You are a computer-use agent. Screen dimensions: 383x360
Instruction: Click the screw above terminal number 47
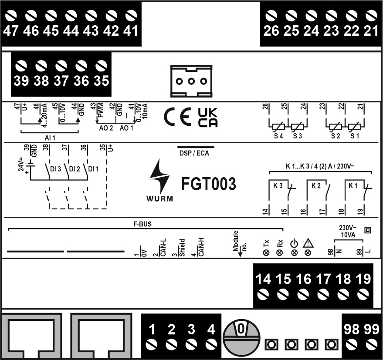[10, 15]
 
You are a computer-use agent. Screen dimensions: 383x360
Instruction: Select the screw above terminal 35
[101, 66]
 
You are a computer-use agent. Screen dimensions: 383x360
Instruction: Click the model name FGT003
[209, 184]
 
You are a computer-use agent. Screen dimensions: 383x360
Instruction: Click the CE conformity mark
[177, 117]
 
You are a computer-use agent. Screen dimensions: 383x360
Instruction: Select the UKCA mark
[207, 118]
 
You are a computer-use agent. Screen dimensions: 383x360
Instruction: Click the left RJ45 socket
[31, 336]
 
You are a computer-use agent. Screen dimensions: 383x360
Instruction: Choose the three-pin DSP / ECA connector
[191, 81]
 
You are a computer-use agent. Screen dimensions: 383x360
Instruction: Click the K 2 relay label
[316, 186]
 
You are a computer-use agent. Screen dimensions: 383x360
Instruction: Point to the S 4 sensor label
[278, 136]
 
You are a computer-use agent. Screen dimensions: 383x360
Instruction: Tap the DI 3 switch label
[55, 169]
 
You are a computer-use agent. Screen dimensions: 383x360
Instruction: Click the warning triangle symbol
[308, 243]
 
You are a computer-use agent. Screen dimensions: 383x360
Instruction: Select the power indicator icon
[295, 244]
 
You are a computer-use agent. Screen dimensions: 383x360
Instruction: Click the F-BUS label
[142, 224]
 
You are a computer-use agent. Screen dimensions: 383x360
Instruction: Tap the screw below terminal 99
[372, 344]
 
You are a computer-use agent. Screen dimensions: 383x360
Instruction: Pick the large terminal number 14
[263, 279]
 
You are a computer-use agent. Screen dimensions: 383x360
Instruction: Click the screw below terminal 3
[191, 344]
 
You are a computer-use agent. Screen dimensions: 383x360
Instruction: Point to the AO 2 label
[106, 128]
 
